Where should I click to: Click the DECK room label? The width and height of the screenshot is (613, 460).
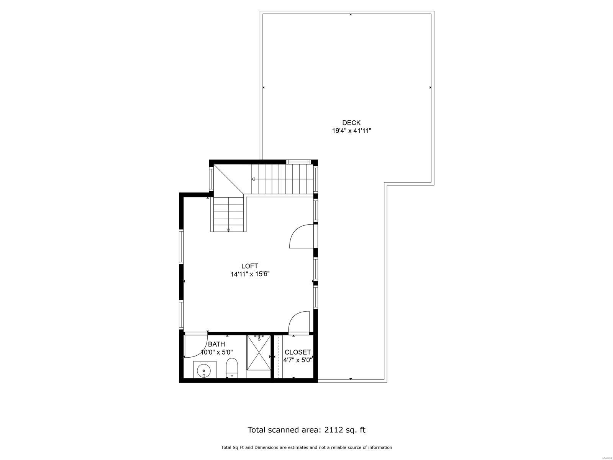pyautogui.click(x=351, y=123)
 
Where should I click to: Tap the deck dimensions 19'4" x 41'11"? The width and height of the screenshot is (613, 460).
pyautogui.click(x=351, y=130)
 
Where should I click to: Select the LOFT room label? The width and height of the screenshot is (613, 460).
pyautogui.click(x=250, y=266)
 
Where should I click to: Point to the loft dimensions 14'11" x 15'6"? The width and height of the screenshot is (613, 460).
pyautogui.click(x=250, y=274)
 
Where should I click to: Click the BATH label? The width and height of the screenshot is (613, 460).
pyautogui.click(x=216, y=344)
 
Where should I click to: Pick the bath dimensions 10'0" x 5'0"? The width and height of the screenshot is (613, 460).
pyautogui.click(x=217, y=352)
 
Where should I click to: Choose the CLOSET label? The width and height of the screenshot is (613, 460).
pyautogui.click(x=298, y=352)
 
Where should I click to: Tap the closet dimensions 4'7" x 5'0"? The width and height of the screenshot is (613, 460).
pyautogui.click(x=298, y=360)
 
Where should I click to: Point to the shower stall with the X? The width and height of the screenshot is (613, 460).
pyautogui.click(x=259, y=356)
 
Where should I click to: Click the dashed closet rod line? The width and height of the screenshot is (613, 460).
pyautogui.click(x=278, y=356)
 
